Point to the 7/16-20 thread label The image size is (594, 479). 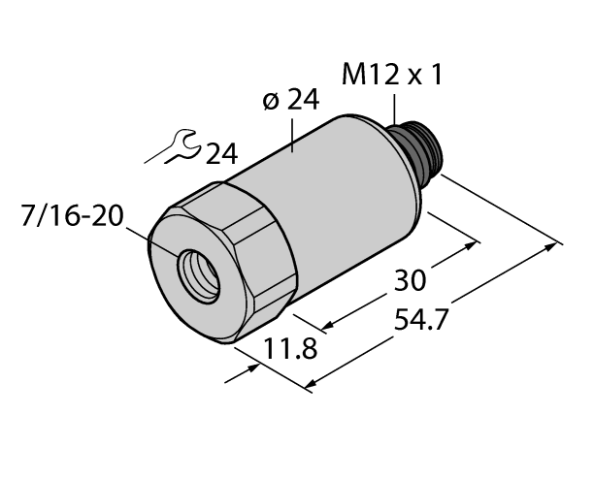(71, 214)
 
